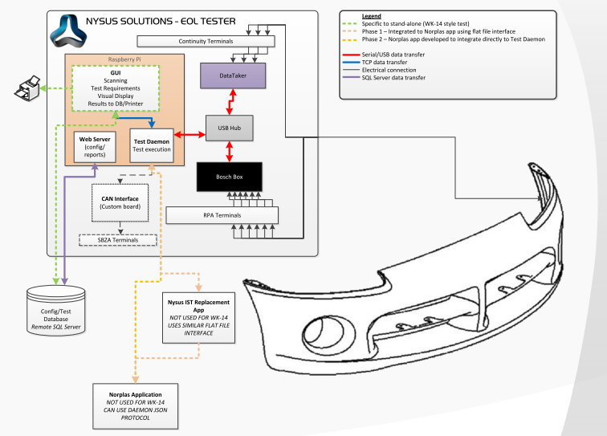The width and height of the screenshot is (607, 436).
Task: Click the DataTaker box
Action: [232, 76]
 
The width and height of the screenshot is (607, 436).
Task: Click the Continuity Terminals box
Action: [206, 41]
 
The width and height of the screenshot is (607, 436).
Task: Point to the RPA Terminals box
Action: [222, 215]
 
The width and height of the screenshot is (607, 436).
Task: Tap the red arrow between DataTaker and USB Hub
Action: [232, 101]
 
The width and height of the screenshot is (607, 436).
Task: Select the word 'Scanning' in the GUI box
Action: [120, 79]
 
